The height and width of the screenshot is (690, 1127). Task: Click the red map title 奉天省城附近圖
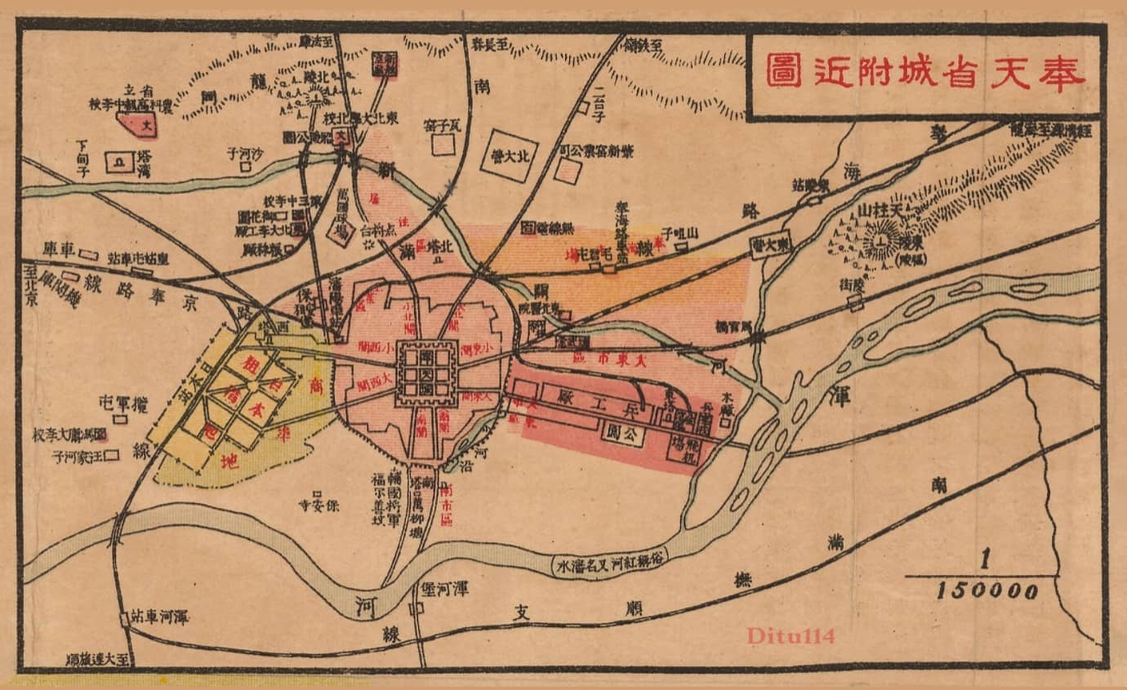tap(925, 72)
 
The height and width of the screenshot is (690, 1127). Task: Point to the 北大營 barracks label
tap(509, 155)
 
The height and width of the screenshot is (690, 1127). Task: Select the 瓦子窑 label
tap(443, 125)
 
